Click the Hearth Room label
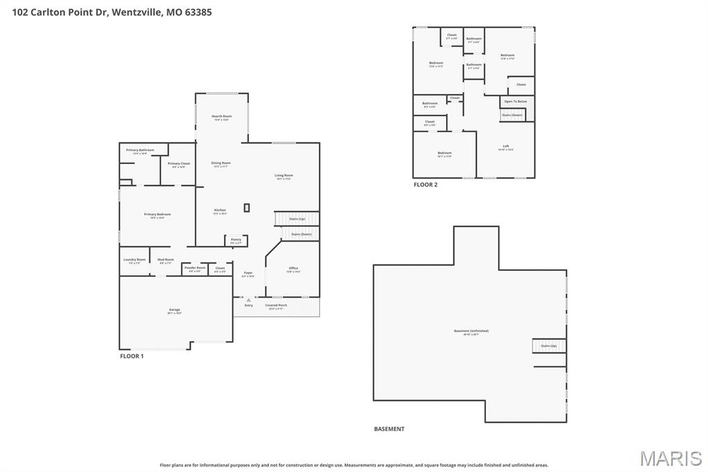tap(221, 116)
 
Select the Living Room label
tap(284, 176)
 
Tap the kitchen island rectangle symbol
tap(247, 207)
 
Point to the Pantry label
tap(236, 239)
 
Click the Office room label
tap(293, 269)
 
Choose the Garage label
tap(174, 310)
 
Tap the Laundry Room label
tap(135, 260)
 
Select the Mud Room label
tap(166, 260)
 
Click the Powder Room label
tap(195, 268)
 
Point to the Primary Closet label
tap(178, 164)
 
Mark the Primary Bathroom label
tap(140, 150)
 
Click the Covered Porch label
tap(276, 305)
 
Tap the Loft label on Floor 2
tap(505, 146)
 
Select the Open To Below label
tap(515, 102)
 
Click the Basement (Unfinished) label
tap(471, 331)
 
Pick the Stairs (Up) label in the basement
tap(548, 345)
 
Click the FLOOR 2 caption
tap(425, 185)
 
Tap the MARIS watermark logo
tap(670, 458)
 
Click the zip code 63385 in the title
tap(198, 12)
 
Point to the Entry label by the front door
tap(248, 305)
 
